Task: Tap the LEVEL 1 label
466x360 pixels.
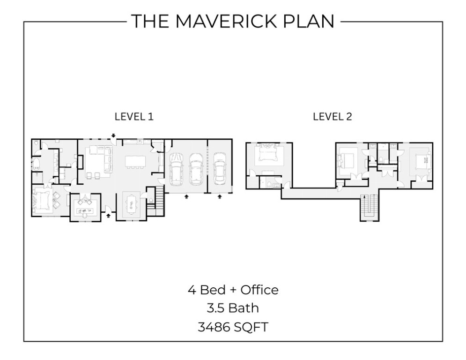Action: click(134, 116)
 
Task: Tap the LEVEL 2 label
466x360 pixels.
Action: click(332, 116)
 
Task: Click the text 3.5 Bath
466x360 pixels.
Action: click(233, 308)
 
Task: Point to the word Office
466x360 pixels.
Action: click(259, 290)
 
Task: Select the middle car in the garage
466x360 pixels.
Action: click(196, 169)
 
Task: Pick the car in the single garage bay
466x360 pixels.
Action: click(219, 168)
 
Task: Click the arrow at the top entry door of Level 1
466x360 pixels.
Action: click(113, 136)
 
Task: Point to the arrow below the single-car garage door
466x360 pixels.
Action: click(220, 196)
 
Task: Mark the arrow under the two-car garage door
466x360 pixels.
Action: click(186, 196)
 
